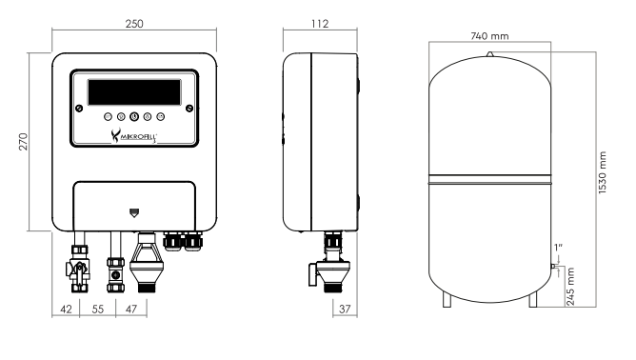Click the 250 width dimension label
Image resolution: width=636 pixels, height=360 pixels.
click(x=134, y=24)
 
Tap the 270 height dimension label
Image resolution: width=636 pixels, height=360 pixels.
click(x=24, y=142)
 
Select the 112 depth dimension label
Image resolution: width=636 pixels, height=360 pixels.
click(x=320, y=24)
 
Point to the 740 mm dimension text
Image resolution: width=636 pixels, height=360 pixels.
click(x=489, y=36)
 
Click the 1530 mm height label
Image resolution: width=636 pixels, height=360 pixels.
click(x=603, y=173)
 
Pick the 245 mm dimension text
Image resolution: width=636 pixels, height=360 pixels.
click(x=570, y=286)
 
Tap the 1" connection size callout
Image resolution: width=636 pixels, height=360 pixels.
click(x=558, y=248)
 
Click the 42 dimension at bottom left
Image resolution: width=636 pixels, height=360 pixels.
click(x=66, y=310)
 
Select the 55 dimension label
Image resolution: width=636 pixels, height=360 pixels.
click(x=98, y=310)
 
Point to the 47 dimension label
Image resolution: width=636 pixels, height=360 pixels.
click(x=131, y=310)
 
